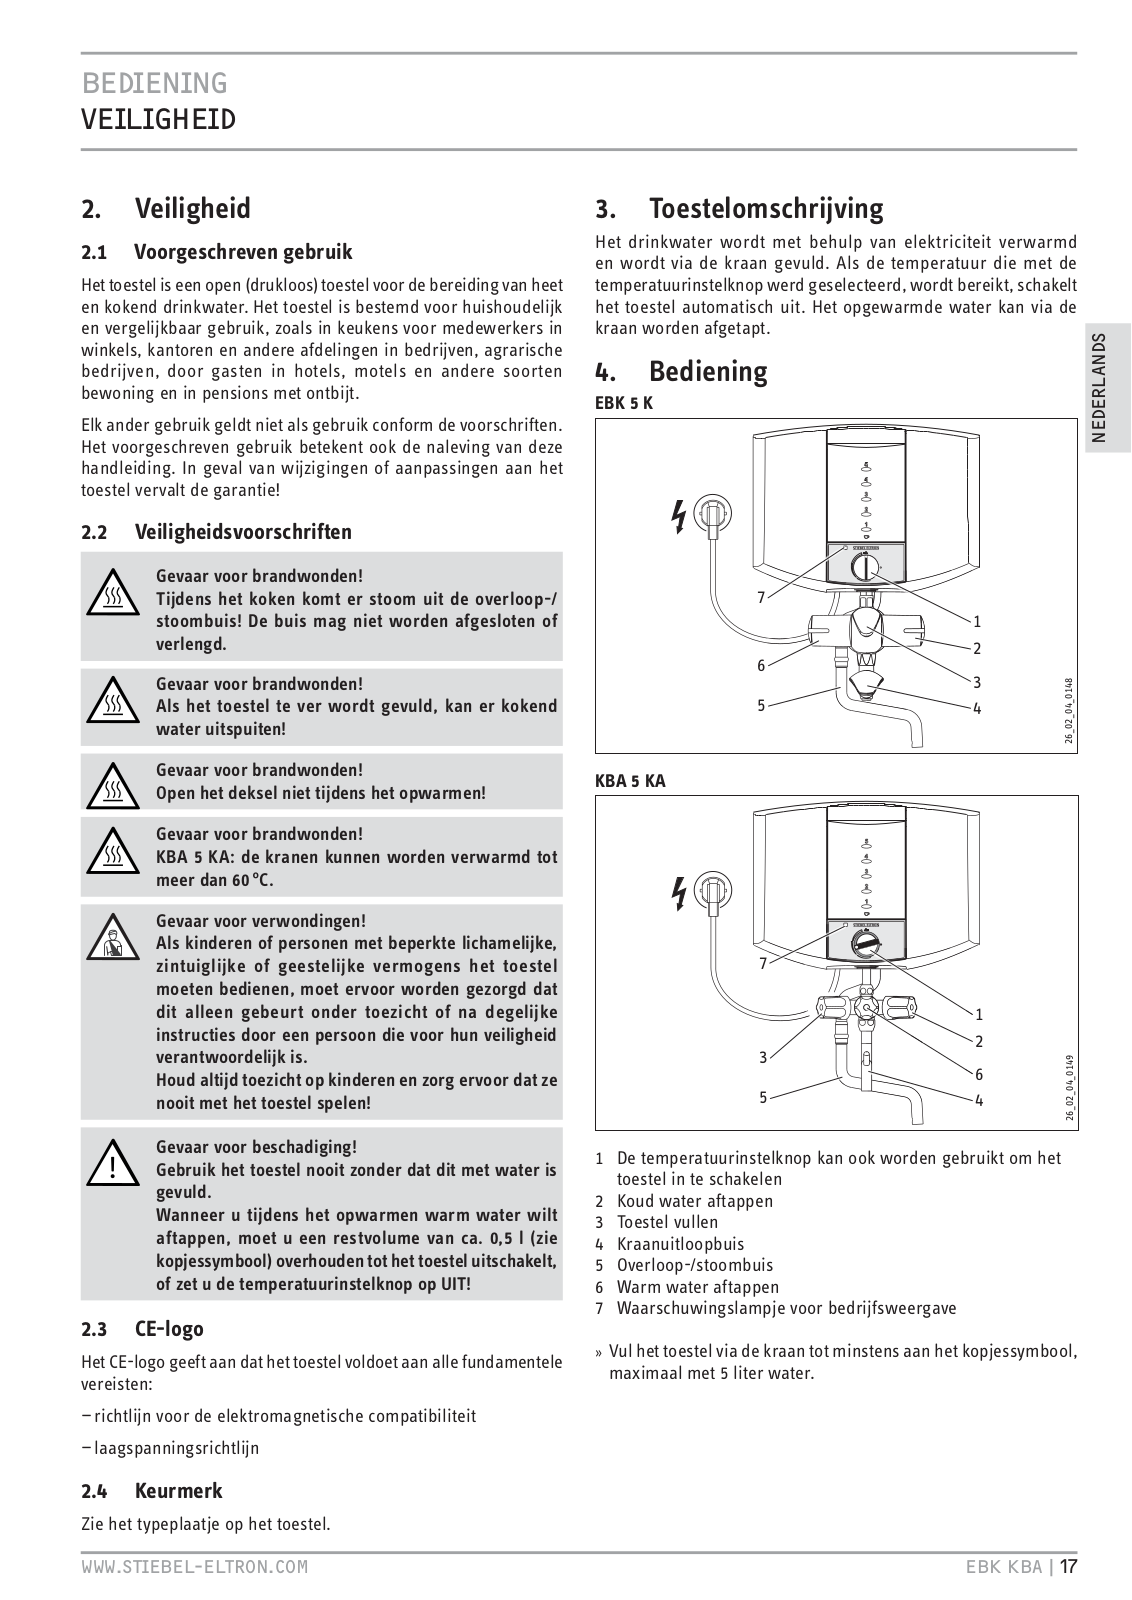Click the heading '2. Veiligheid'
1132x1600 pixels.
pyautogui.click(x=166, y=209)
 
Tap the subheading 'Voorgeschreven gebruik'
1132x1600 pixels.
pyautogui.click(x=243, y=252)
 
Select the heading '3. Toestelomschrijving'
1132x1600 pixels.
pyautogui.click(x=740, y=209)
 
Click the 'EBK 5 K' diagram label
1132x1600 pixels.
pyautogui.click(x=624, y=403)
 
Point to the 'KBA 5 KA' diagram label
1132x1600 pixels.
pyautogui.click(x=630, y=782)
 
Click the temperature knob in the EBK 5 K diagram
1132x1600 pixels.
pyautogui.click(x=866, y=568)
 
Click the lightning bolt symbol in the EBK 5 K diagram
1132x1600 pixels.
pyautogui.click(x=679, y=516)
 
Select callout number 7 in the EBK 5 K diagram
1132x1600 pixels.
pyautogui.click(x=762, y=598)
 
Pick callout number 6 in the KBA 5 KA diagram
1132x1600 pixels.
pyautogui.click(x=978, y=1074)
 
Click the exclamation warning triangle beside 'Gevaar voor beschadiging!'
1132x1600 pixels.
pyautogui.click(x=116, y=1163)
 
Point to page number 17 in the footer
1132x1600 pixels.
pyautogui.click(x=1068, y=1566)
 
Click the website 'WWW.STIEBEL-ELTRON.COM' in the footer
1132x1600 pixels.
pyautogui.click(x=195, y=1567)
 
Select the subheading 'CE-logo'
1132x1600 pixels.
pyautogui.click(x=169, y=1329)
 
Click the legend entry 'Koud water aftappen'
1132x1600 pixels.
pyautogui.click(x=694, y=1201)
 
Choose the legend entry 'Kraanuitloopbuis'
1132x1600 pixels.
pyautogui.click(x=680, y=1244)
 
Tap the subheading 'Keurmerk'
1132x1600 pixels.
pyautogui.click(x=178, y=1491)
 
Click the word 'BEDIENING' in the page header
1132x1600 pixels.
pyautogui.click(x=155, y=82)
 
